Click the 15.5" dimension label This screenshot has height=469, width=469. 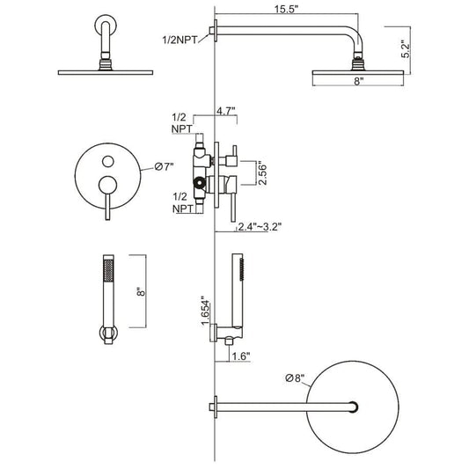point(287,9)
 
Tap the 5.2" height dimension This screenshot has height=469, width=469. point(407,50)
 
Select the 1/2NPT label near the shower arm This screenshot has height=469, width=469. point(180,40)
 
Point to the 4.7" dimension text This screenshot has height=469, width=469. point(226,111)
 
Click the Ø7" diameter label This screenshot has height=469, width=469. point(164,166)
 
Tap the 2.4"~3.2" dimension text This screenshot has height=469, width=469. point(260,227)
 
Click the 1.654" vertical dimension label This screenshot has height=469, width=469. point(205,311)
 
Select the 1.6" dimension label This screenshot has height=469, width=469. point(241,356)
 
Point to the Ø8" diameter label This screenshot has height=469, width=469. point(295,378)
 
